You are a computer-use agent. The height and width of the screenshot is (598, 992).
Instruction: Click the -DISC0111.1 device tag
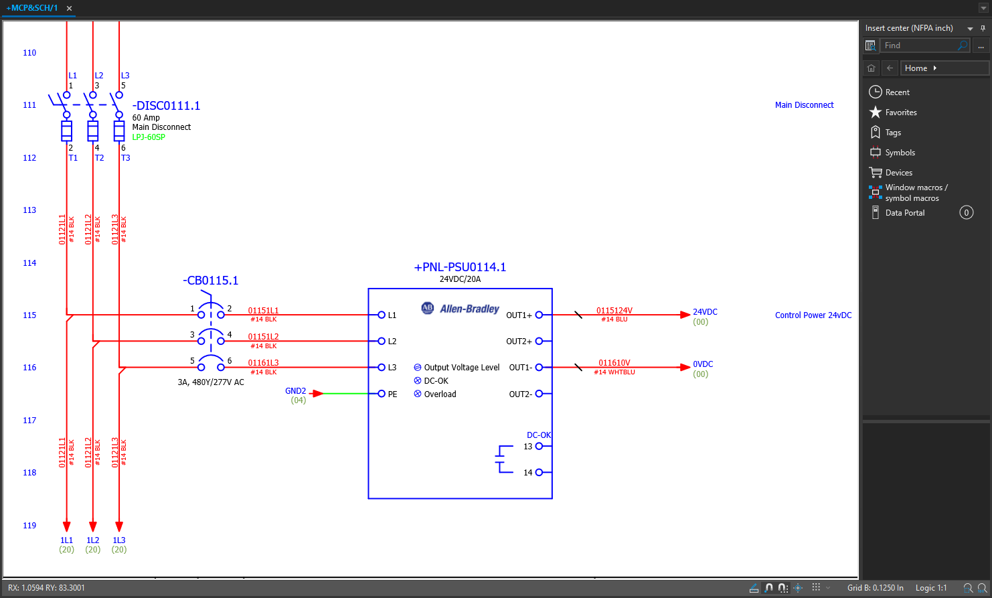(x=166, y=106)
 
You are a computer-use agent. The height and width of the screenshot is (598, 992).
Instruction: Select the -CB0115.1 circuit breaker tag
(x=210, y=281)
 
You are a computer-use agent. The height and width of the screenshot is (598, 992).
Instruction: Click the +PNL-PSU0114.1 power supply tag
(x=460, y=267)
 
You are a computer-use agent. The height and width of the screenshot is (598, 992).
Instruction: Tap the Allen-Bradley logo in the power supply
(x=461, y=309)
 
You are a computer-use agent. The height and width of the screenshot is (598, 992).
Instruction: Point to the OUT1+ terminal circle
(x=539, y=315)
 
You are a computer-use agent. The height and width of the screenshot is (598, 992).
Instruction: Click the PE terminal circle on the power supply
(x=382, y=394)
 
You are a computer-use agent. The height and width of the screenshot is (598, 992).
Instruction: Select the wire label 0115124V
(x=614, y=311)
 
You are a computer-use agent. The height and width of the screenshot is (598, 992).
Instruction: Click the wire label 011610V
(x=614, y=363)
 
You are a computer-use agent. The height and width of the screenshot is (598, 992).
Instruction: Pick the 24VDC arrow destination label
(x=705, y=312)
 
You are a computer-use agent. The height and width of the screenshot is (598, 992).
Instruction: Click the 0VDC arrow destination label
(x=703, y=364)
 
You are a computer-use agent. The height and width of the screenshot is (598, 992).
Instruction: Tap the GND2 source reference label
(x=295, y=391)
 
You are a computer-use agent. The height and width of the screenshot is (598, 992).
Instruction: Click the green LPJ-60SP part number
(x=149, y=137)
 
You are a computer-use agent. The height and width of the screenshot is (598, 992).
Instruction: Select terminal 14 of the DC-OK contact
(x=539, y=473)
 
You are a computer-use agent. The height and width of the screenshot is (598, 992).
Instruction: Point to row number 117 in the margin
(x=29, y=421)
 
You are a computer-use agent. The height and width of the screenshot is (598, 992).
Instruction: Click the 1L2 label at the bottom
(x=92, y=540)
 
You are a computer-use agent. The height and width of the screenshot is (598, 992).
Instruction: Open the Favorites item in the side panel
(x=900, y=113)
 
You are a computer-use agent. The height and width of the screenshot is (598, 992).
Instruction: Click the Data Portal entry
(x=904, y=213)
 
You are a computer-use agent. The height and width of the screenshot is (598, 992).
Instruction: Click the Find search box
(x=918, y=46)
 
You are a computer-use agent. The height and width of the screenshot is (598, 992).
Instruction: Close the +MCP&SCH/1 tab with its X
(x=69, y=9)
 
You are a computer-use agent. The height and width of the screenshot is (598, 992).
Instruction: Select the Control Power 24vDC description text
(x=813, y=315)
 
